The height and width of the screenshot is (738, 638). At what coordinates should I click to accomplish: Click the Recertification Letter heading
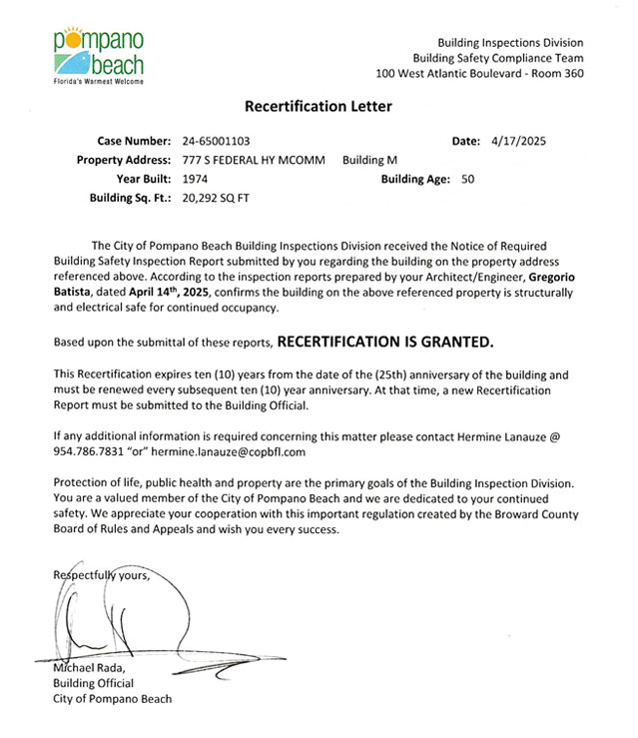point(319,106)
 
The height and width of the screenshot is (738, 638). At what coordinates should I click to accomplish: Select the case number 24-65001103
point(217,142)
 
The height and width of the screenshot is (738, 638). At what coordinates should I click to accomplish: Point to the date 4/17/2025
point(519,142)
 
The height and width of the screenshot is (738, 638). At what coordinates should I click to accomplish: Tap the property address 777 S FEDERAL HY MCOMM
point(254,161)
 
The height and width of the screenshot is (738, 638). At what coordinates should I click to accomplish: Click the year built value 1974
point(196,180)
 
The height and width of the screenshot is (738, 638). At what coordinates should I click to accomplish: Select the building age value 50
point(468,180)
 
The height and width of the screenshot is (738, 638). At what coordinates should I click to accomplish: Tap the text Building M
point(370,161)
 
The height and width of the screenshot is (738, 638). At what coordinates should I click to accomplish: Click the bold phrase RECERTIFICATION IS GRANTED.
point(384,342)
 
